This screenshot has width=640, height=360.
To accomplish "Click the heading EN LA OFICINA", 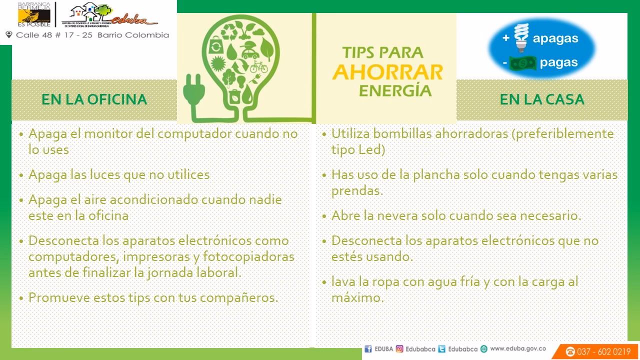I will coord(94,99).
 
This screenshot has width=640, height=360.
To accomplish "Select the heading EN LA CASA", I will coord(542,99).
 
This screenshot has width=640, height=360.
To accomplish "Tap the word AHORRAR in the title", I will coord(387,72).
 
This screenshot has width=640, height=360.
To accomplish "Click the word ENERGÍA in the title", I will coord(395,90).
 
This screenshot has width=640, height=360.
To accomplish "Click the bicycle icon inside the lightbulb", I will coord(258,66).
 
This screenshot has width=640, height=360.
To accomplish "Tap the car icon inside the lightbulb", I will coord(249,51).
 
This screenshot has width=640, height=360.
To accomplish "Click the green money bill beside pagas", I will coord(522,63).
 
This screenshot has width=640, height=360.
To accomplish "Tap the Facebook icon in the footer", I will coord(368,349).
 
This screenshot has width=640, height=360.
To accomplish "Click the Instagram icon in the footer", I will coord(399,349).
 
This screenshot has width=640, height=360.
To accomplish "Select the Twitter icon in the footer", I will coord(441,349).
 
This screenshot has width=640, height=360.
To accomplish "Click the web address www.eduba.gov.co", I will coord(517,349).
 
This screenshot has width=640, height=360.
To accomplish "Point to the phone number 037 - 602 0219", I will coord(603,351).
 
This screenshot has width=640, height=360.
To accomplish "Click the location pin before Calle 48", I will coord(8,35).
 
